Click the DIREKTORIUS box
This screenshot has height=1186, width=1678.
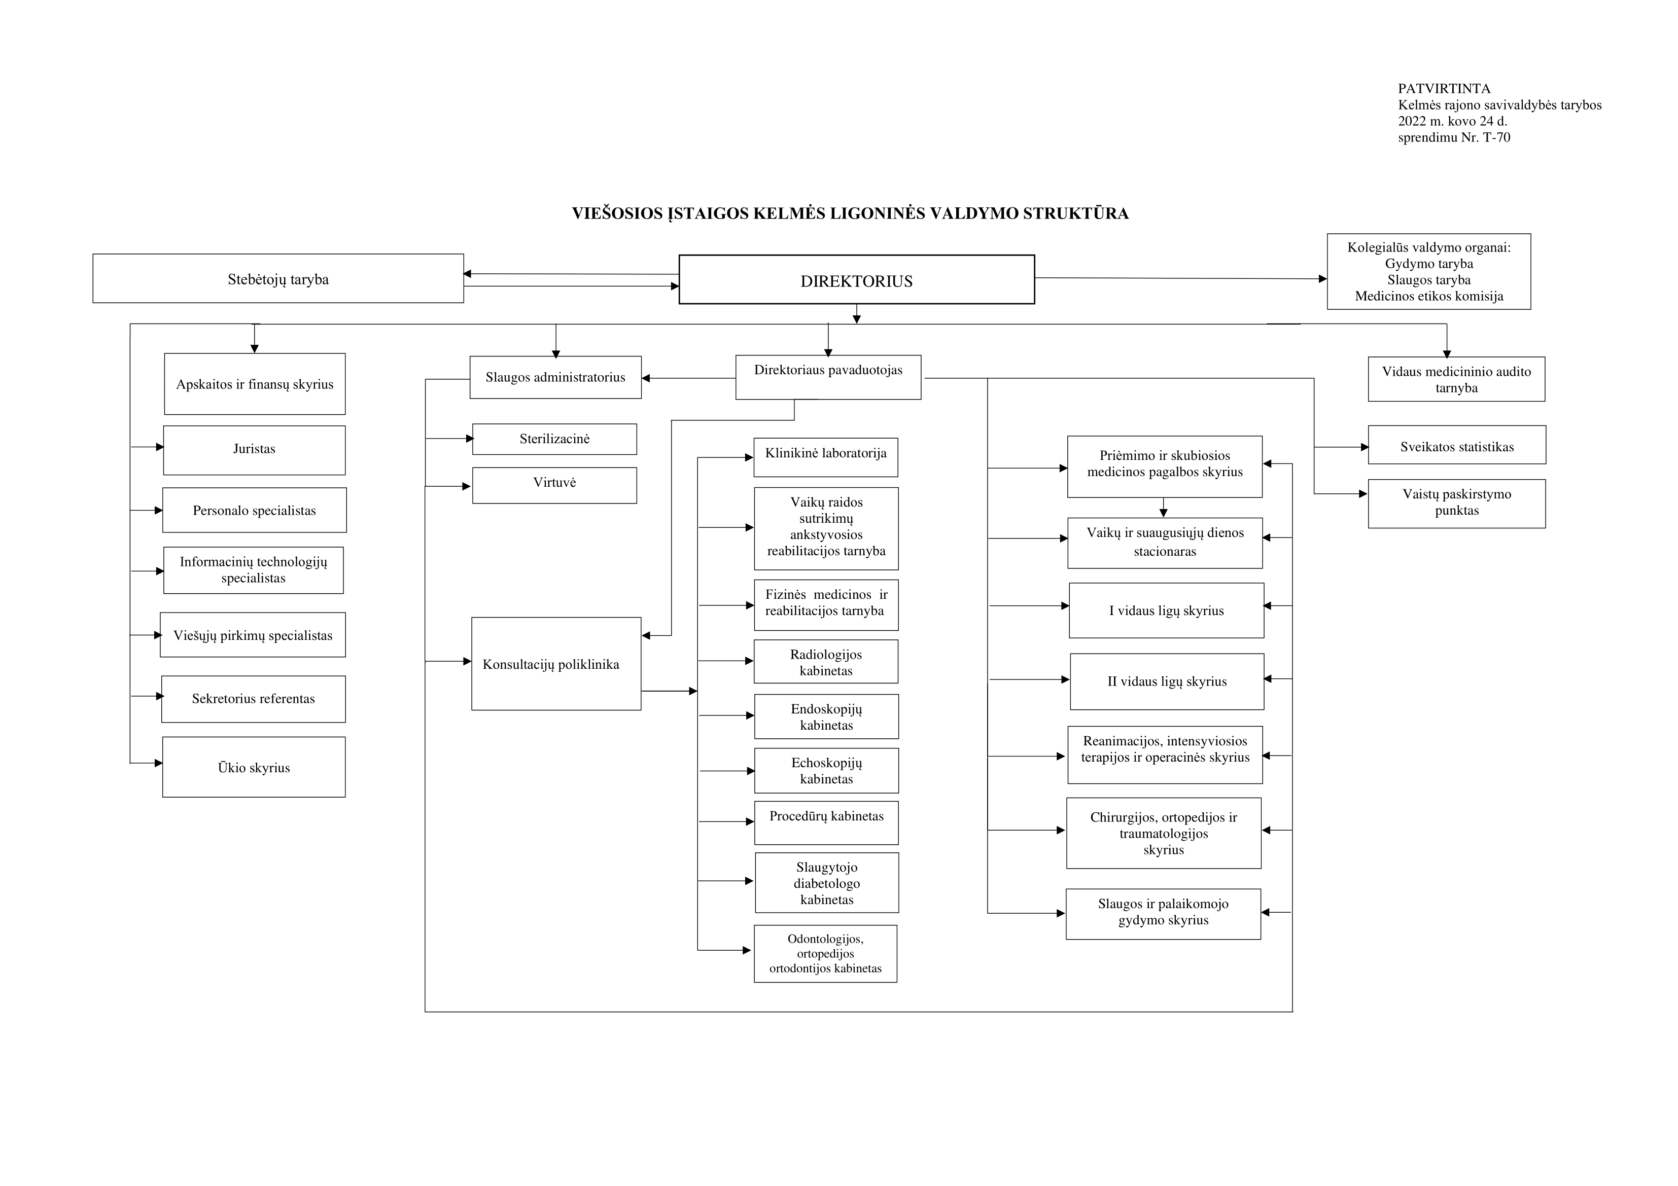tap(857, 279)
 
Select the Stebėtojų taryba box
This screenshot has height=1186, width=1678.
tap(277, 278)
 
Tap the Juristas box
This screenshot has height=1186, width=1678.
tap(254, 450)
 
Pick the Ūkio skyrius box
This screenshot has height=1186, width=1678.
tap(254, 767)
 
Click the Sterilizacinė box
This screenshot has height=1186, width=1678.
tap(555, 439)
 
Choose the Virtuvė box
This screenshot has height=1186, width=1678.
tap(555, 485)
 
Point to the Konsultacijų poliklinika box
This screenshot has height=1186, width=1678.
tap(556, 664)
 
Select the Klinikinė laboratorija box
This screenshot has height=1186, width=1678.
tap(826, 457)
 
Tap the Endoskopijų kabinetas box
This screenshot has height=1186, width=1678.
tap(827, 716)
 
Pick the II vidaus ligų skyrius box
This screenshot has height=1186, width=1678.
tap(1167, 681)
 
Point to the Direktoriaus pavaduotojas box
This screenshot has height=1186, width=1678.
tap(828, 377)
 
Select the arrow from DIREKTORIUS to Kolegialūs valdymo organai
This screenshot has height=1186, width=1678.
tap(1181, 278)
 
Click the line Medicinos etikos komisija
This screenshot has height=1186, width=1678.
tap(1429, 296)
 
